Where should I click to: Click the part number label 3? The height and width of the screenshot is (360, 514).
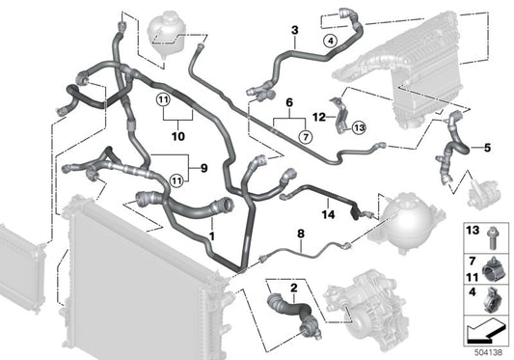(x=295, y=30)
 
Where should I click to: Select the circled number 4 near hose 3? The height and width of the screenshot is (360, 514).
(x=331, y=42)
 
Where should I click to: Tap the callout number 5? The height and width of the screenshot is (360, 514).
(x=487, y=148)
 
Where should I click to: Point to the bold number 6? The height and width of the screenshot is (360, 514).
(x=289, y=102)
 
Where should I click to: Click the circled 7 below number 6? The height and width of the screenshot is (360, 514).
(x=306, y=136)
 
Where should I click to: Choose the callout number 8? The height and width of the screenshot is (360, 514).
(x=301, y=234)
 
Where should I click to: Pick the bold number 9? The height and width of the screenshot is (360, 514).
(x=203, y=168)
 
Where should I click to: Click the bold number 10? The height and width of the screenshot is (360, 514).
(x=178, y=136)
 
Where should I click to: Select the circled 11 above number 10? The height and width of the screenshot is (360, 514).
(x=163, y=99)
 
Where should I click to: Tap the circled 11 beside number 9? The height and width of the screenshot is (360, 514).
(x=176, y=180)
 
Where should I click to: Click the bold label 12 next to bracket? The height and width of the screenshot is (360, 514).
(x=319, y=117)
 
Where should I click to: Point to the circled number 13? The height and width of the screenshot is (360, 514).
(x=359, y=127)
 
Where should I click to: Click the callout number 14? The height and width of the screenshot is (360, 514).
(x=328, y=214)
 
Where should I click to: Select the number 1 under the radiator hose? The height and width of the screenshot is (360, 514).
(x=212, y=235)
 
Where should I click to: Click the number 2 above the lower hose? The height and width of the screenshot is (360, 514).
(x=294, y=288)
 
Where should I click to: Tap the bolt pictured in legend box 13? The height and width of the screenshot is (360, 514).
(x=491, y=237)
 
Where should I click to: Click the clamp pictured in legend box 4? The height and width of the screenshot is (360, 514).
(x=492, y=299)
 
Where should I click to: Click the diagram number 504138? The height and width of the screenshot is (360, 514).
(x=488, y=352)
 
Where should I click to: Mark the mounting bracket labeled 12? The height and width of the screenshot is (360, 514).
(x=340, y=115)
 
